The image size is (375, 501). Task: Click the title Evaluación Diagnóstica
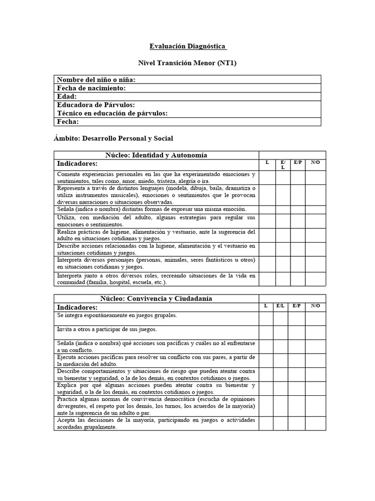click(x=188, y=46)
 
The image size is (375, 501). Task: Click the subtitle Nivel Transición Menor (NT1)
click(x=188, y=63)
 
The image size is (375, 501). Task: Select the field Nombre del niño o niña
click(x=96, y=80)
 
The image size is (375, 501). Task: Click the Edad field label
click(x=67, y=97)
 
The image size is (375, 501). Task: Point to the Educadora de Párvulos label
click(x=96, y=105)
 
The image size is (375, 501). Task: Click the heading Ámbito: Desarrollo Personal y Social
click(x=113, y=138)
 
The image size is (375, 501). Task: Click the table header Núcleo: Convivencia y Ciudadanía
click(x=156, y=298)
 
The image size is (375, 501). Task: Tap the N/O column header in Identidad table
click(x=315, y=162)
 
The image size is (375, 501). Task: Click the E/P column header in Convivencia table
click(x=296, y=306)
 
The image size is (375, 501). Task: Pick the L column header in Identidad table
click(x=267, y=162)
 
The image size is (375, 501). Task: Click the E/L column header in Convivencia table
click(x=280, y=306)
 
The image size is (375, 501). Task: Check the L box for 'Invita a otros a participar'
click(x=266, y=333)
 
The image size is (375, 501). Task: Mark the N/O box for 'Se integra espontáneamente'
click(x=315, y=318)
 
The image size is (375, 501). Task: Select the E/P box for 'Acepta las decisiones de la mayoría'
click(x=296, y=423)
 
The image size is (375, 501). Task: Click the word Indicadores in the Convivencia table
click(x=77, y=307)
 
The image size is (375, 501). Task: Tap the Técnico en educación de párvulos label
click(x=112, y=114)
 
